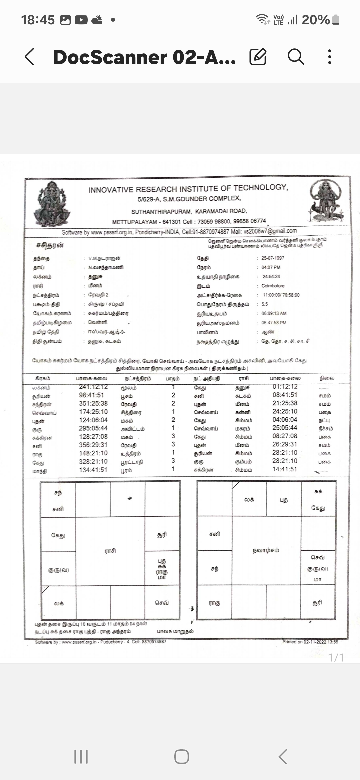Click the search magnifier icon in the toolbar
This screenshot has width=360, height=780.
tap(296, 57)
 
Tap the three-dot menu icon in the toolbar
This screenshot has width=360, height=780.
tap(329, 57)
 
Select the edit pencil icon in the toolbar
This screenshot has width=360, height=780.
tap(258, 57)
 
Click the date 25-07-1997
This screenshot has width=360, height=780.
tap(273, 258)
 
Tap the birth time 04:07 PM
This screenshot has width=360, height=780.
tap(271, 267)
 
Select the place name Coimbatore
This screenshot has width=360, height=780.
tap(273, 286)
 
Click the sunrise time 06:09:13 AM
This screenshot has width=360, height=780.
tap(274, 313)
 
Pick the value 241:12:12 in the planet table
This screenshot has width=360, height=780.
tap(93, 387)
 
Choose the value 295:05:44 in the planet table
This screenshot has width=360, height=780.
tap(93, 428)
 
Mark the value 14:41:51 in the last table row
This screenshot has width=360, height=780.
tap(285, 469)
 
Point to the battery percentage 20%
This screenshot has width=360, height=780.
tap(315, 20)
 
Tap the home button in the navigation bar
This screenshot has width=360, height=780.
tap(182, 757)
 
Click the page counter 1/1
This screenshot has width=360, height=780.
tap(336, 657)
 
